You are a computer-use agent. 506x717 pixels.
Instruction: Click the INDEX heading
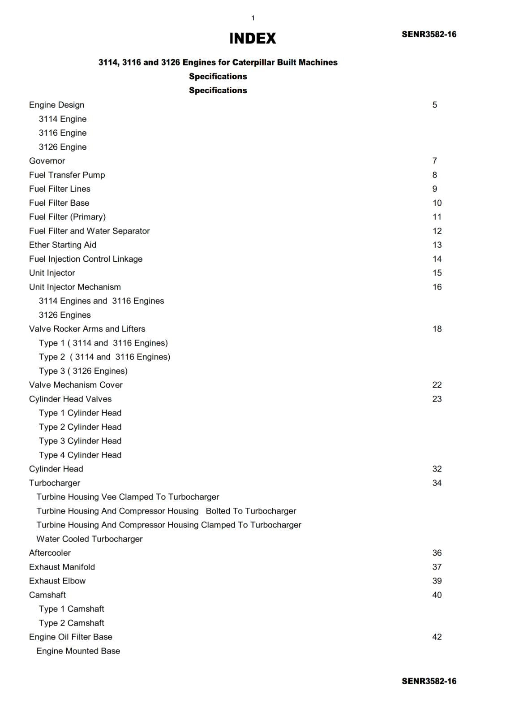pos(253,39)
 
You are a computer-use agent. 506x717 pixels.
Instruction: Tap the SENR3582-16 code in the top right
pos(429,35)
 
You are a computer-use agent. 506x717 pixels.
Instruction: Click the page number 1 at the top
pos(253,18)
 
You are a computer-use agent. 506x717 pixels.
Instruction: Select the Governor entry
pos(47,161)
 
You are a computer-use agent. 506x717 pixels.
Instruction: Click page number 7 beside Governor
pos(434,161)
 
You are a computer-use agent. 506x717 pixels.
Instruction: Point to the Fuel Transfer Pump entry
pos(67,175)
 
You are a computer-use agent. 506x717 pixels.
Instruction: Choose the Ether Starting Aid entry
pos(63,245)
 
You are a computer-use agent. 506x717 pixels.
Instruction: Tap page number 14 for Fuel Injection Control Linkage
pos(437,259)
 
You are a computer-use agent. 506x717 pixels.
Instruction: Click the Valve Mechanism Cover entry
pos(76,385)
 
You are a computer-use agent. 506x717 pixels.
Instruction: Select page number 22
pos(437,385)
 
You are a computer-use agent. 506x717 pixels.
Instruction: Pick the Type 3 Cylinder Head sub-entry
pos(80,441)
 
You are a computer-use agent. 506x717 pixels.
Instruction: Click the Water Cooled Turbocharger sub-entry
pos(90,539)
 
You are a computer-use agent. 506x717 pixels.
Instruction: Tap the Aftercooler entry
pos(50,553)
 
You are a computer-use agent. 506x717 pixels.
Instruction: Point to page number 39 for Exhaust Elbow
pos(437,581)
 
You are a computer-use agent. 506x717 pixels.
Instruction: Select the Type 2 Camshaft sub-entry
pos(72,623)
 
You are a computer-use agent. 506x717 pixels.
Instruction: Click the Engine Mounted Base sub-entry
pos(78,651)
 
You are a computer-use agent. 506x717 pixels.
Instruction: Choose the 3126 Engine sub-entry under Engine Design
pos(63,147)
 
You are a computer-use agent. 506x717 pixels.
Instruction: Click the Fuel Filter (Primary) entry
pos(67,217)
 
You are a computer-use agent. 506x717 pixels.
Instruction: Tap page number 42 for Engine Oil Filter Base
pos(437,637)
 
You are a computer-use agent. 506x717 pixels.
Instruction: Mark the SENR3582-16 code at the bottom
pos(429,681)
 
